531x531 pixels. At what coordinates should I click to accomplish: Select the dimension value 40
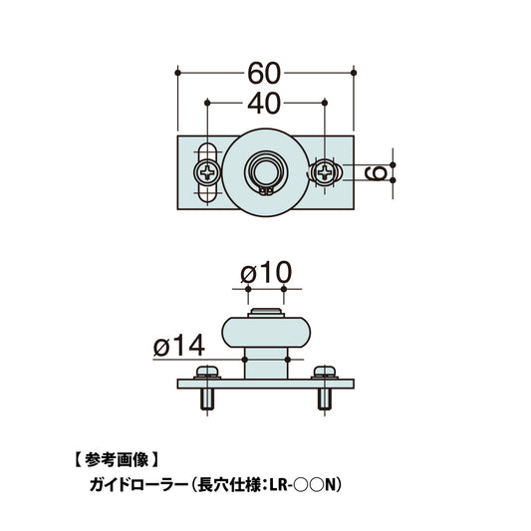point(265,102)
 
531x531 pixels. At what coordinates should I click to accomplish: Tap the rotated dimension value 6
point(378,173)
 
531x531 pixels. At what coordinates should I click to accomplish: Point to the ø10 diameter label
point(264,272)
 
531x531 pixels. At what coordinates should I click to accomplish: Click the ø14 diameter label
point(179,345)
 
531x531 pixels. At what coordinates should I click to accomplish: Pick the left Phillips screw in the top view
point(207,173)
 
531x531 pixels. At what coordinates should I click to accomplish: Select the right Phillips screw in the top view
point(325,173)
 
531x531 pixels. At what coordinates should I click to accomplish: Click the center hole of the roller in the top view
point(266,166)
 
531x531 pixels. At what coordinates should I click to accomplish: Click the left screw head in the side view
point(209,373)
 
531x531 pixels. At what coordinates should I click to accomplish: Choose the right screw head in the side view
point(324,373)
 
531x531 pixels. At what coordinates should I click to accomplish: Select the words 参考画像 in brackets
point(118,459)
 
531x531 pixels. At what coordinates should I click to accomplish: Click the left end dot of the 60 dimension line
point(177,72)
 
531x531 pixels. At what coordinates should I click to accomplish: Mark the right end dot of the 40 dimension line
point(325,102)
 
